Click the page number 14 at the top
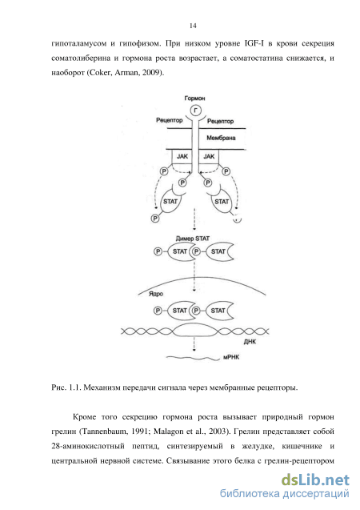point(193,26)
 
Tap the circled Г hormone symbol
point(195,110)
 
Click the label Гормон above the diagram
point(194,98)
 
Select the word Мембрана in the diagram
point(221,138)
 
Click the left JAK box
point(182,156)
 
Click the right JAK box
point(209,156)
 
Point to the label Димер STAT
point(193,239)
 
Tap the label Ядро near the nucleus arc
point(156,294)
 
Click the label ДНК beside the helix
point(250,342)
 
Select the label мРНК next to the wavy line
point(231,357)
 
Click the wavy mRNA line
point(193,358)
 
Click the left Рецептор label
point(170,120)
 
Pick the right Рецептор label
point(220,121)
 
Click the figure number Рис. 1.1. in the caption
point(66,388)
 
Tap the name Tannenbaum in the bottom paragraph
point(103,432)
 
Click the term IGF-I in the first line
point(251,43)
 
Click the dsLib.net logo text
point(315,480)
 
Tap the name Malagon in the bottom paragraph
point(169,432)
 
